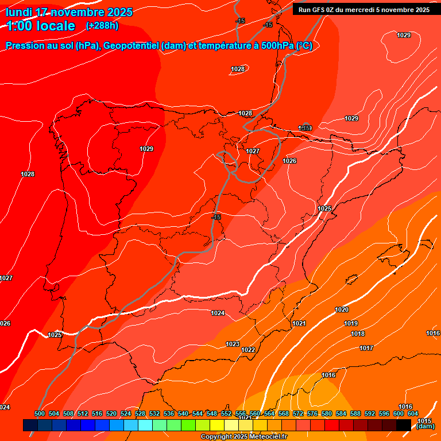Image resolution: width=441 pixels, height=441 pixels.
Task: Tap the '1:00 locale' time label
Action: point(41,26)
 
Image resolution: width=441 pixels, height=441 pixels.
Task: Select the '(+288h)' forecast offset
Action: point(102,26)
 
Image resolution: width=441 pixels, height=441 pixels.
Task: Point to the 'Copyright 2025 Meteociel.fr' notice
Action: point(243,437)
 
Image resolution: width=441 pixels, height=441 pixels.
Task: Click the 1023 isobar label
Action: point(233,344)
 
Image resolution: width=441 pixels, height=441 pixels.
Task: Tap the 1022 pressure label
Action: point(248,350)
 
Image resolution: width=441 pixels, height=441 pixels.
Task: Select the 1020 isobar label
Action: point(342,310)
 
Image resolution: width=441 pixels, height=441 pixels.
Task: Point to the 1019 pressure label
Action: point(351,323)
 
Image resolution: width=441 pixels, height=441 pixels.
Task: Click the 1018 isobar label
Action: point(358,334)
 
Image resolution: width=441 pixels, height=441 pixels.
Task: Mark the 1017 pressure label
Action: point(366,348)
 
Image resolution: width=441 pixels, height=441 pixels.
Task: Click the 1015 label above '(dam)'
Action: point(424,421)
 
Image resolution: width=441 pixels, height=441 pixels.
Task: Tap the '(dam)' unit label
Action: point(425,427)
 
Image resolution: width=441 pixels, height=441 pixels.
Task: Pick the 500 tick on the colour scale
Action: point(40,413)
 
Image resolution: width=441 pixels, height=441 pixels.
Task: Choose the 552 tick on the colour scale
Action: point(226,413)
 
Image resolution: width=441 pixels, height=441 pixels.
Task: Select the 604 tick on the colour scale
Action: point(413,413)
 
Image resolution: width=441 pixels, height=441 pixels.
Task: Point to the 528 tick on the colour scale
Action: point(140,413)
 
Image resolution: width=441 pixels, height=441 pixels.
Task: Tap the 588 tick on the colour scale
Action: point(355,413)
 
